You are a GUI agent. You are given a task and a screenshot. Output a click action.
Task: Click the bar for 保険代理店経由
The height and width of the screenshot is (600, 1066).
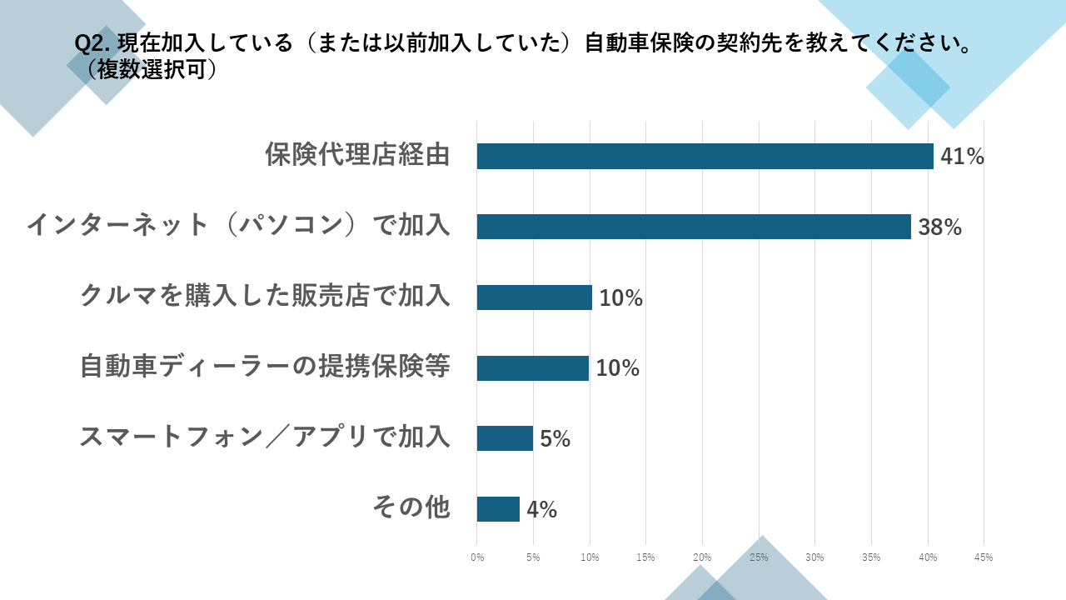pyautogui.click(x=705, y=156)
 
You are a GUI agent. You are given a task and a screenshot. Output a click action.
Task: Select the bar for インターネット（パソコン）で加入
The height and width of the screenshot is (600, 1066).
pyautogui.click(x=694, y=227)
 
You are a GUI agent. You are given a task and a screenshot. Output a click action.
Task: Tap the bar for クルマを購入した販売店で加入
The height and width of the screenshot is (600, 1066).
pyautogui.click(x=534, y=297)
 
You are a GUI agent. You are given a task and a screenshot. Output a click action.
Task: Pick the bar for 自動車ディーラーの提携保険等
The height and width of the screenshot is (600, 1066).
pyautogui.click(x=532, y=367)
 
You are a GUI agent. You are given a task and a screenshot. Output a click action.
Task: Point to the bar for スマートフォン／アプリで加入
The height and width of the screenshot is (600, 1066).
pyautogui.click(x=505, y=438)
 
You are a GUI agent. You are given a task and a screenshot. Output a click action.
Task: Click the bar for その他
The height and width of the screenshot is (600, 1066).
pyautogui.click(x=498, y=509)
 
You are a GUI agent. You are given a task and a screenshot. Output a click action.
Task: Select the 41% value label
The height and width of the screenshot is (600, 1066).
pyautogui.click(x=962, y=156)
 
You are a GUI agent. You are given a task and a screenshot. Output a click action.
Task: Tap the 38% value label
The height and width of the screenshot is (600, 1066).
pyautogui.click(x=939, y=227)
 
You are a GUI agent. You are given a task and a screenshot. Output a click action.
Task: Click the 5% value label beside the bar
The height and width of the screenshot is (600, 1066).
pyautogui.click(x=555, y=438)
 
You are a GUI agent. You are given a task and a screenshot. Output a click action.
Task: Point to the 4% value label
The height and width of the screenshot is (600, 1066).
pyautogui.click(x=541, y=509)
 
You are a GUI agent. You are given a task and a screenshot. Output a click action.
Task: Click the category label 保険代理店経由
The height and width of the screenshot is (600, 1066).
pyautogui.click(x=357, y=155)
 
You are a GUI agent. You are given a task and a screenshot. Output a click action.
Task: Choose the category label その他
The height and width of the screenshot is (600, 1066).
pyautogui.click(x=411, y=507)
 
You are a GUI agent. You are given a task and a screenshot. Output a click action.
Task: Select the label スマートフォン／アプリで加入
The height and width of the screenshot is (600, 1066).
pyautogui.click(x=265, y=437)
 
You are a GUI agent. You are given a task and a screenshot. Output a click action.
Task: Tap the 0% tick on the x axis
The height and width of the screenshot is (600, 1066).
pyautogui.click(x=477, y=557)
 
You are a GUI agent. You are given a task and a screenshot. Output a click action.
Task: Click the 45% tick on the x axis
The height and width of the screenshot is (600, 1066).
pyautogui.click(x=984, y=557)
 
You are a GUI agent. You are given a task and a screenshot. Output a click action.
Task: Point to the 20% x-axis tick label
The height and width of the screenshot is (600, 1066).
pyautogui.click(x=702, y=557)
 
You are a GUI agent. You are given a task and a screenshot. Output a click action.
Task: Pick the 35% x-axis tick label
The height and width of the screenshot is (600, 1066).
pyautogui.click(x=871, y=557)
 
